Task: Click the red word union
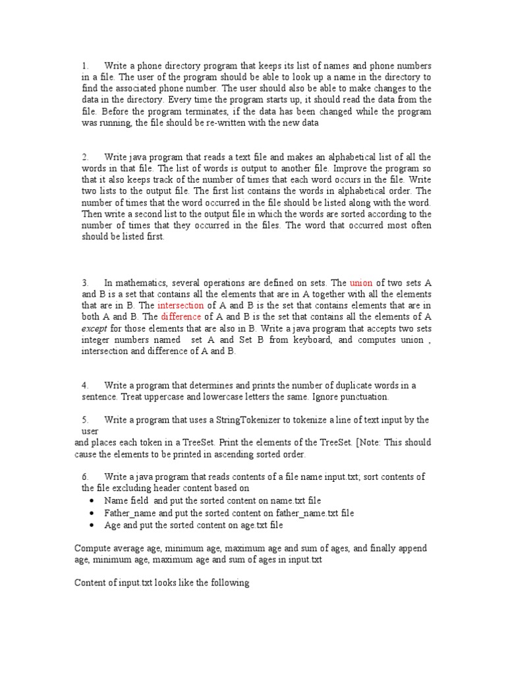360,283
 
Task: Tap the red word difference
180,317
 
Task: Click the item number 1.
85,66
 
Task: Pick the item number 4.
85,386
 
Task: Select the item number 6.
85,477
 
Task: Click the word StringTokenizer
245,420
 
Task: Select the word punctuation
362,397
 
